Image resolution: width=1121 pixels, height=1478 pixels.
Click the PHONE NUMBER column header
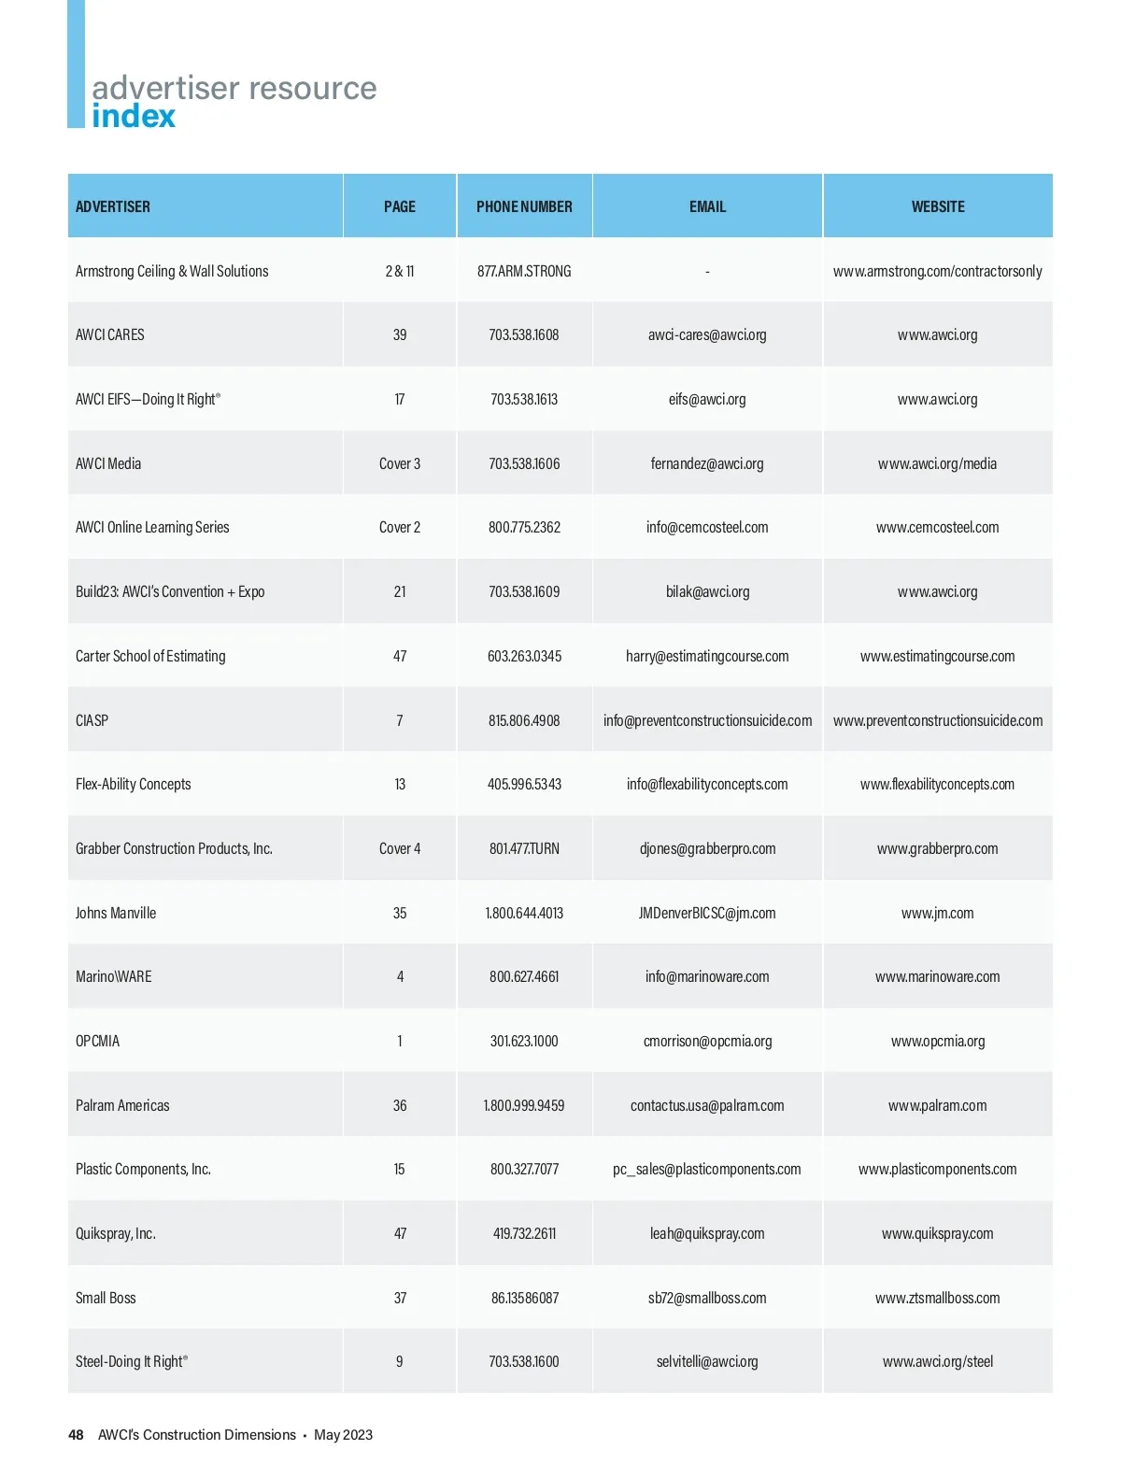click(524, 206)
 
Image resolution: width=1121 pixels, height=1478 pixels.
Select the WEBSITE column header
click(938, 206)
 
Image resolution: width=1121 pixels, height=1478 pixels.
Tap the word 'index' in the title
click(134, 117)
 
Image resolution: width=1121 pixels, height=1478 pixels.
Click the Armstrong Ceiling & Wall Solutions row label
click(172, 271)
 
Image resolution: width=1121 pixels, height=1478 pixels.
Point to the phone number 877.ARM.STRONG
click(524, 271)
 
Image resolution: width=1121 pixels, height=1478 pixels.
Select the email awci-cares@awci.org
click(707, 334)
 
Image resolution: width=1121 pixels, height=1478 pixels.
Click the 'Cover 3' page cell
click(400, 463)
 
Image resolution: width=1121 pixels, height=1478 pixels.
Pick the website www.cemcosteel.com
click(937, 527)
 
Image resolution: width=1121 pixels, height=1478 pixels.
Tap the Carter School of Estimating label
click(150, 656)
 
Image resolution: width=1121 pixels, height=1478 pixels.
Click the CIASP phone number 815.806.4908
click(524, 720)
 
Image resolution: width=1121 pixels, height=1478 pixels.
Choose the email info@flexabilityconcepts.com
click(707, 784)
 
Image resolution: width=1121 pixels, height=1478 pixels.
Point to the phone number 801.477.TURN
click(524, 848)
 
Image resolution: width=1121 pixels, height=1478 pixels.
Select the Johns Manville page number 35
click(400, 913)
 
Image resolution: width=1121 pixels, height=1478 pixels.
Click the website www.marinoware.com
click(937, 976)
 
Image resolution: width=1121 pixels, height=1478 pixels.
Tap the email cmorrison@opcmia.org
click(707, 1041)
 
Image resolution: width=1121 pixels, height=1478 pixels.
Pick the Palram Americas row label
click(122, 1105)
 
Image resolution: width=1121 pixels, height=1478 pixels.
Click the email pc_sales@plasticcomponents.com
click(707, 1169)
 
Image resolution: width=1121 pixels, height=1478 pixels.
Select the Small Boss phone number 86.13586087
click(524, 1298)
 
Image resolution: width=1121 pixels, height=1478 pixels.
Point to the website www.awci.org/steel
click(937, 1361)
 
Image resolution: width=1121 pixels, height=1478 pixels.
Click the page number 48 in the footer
click(76, 1435)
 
